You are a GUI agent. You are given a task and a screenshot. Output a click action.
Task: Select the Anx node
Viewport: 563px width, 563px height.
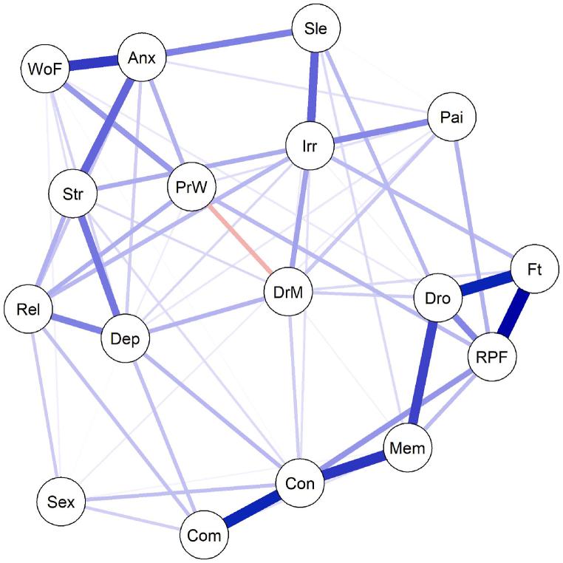click(x=141, y=57)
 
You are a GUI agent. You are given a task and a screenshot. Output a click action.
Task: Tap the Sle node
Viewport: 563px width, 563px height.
click(x=315, y=30)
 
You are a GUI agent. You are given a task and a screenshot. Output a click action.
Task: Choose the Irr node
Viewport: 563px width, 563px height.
click(x=310, y=146)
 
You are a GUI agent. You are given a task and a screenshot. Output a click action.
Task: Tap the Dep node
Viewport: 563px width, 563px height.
click(x=125, y=340)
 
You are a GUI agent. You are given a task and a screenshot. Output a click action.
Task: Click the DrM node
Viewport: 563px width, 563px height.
click(x=288, y=292)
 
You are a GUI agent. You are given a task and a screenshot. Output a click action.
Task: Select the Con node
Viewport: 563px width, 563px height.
click(x=300, y=484)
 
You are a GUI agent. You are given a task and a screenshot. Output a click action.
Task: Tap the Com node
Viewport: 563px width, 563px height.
click(x=205, y=535)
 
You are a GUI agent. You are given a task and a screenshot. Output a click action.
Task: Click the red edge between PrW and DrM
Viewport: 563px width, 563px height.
click(x=240, y=239)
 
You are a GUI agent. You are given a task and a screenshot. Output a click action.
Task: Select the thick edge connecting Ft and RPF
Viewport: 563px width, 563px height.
click(x=515, y=313)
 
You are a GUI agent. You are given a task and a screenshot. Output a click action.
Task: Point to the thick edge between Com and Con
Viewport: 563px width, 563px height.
click(x=252, y=510)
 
